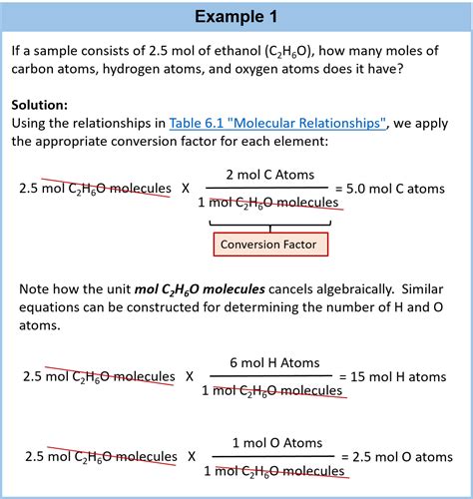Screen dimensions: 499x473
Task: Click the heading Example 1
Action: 236,17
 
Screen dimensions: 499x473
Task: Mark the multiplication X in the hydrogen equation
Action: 189,377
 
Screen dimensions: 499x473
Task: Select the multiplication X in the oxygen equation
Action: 192,457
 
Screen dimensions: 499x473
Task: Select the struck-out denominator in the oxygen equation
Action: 272,471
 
